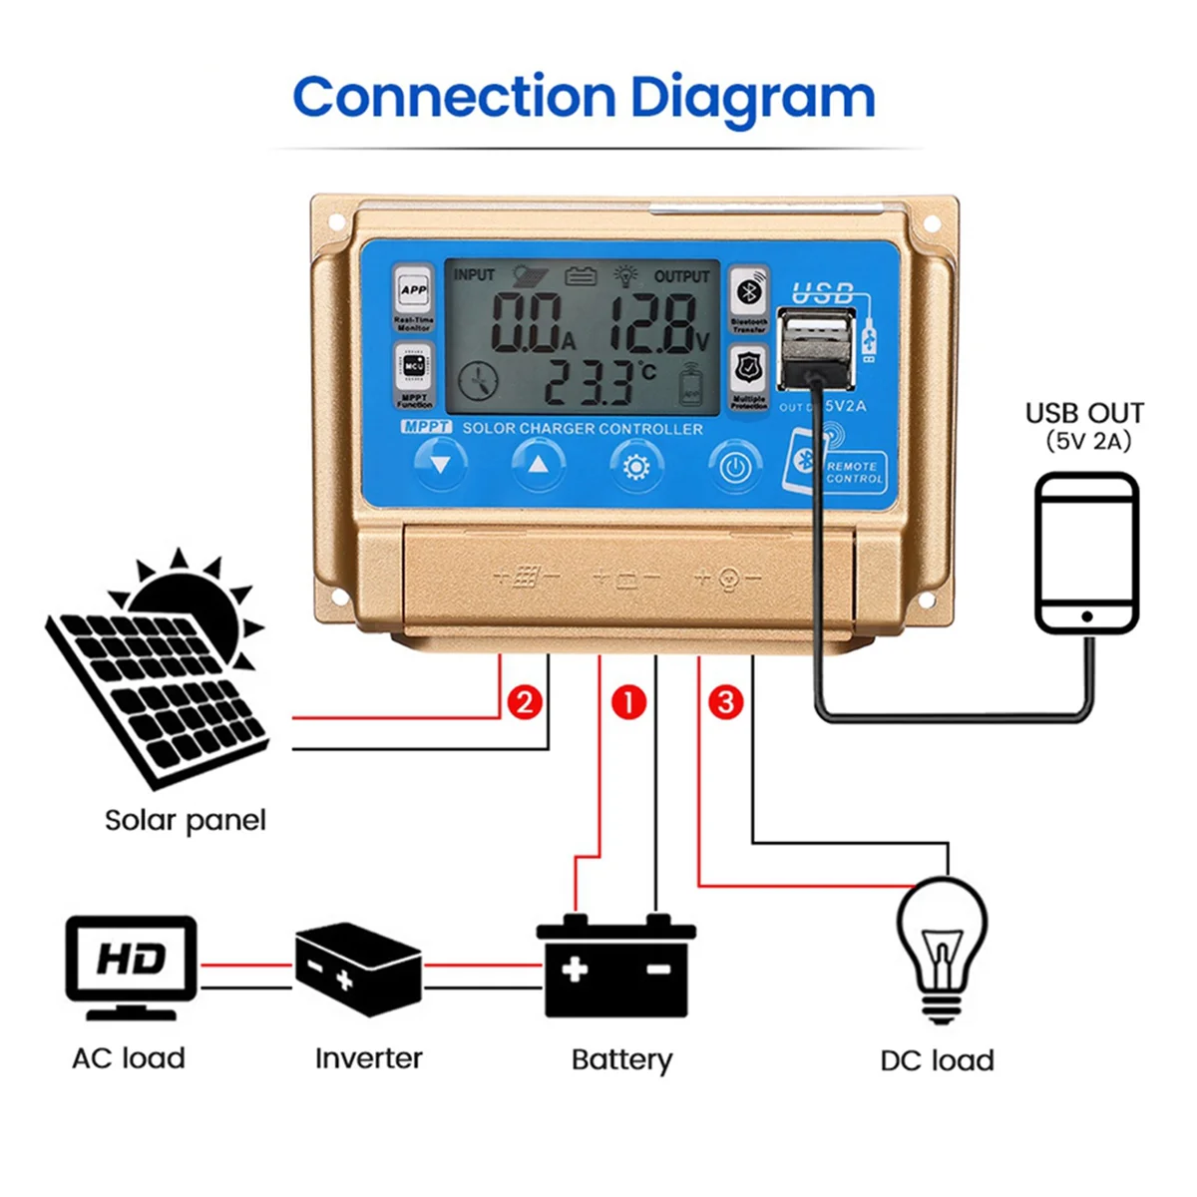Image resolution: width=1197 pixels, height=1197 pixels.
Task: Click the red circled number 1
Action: [x=628, y=702]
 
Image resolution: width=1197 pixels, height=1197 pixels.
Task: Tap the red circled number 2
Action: [x=525, y=702]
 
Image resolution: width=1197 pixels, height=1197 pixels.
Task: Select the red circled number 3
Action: [x=726, y=702]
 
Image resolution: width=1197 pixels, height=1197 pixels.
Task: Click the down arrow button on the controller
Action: [x=440, y=465]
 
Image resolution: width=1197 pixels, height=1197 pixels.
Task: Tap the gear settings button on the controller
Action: [x=636, y=466]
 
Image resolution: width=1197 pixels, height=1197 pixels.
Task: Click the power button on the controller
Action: [x=735, y=467]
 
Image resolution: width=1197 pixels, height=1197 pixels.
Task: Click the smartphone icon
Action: [x=1086, y=554]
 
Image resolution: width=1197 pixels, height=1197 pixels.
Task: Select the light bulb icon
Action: [x=942, y=948]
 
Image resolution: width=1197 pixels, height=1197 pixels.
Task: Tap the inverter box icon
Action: [x=358, y=968]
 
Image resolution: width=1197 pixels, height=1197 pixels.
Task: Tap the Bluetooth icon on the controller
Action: [x=749, y=292]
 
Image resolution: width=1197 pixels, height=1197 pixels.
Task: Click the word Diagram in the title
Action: [x=752, y=98]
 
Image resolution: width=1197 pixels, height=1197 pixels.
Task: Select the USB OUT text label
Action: [x=1084, y=413]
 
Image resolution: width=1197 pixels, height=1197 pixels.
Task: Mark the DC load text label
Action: [x=937, y=1060]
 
